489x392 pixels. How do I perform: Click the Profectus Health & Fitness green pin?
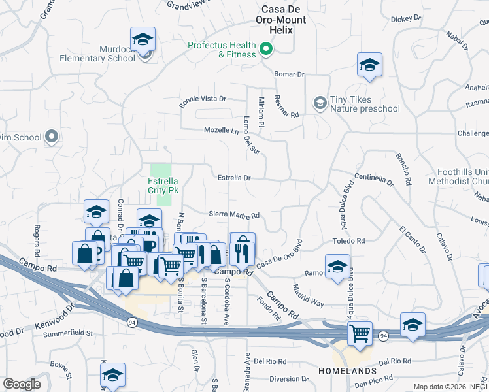pos(266,49)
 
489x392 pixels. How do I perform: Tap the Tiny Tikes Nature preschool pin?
pos(320,103)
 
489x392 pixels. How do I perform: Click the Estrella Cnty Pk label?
pos(163,185)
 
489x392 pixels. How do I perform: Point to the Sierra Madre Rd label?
pos(234,214)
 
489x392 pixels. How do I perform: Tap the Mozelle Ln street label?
pos(222,130)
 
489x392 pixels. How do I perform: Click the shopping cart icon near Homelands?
pos(360,333)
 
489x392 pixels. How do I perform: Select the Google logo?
pos(22,384)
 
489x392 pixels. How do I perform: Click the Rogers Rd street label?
pos(37,240)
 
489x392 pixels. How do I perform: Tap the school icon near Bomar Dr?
pos(369,65)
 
